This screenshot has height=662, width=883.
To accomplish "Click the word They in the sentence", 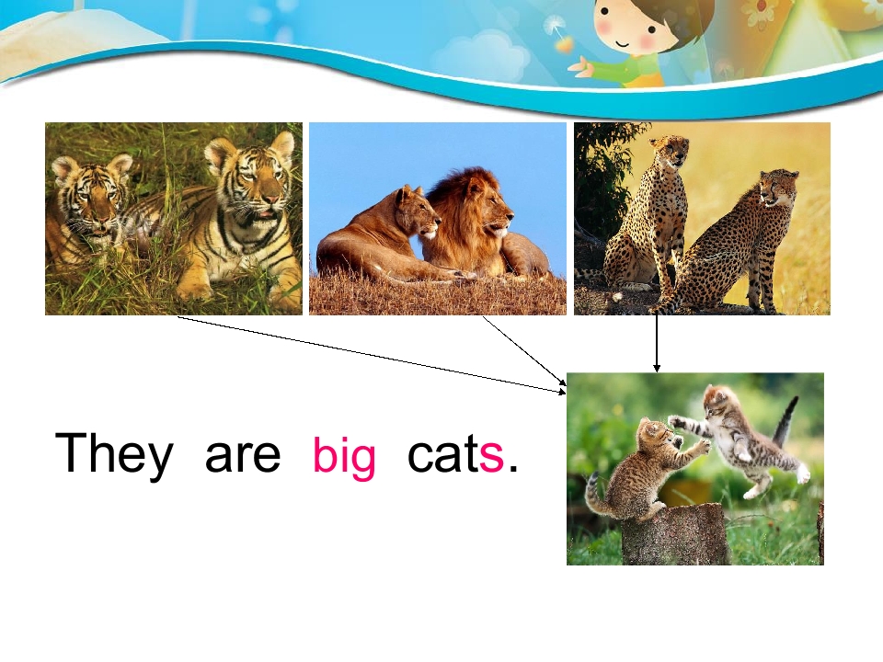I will (x=114, y=453).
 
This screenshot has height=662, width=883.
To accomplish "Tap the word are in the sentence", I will (x=242, y=455).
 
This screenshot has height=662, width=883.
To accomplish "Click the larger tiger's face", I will (x=252, y=180).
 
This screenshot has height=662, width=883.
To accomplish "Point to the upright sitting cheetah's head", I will (x=671, y=151).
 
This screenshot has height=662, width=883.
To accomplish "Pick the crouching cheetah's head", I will (x=777, y=188).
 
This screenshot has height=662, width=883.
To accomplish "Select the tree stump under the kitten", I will (x=675, y=538).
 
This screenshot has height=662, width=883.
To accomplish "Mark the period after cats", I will (x=513, y=469).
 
